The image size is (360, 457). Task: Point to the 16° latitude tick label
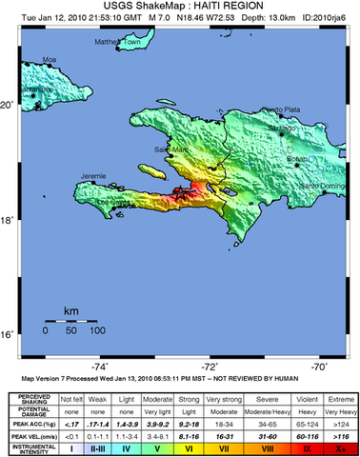coord(9,335)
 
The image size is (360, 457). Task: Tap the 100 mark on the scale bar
coord(97,330)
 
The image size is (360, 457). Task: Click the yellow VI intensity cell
coord(190,447)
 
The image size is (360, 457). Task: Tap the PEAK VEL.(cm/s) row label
coord(29,434)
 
